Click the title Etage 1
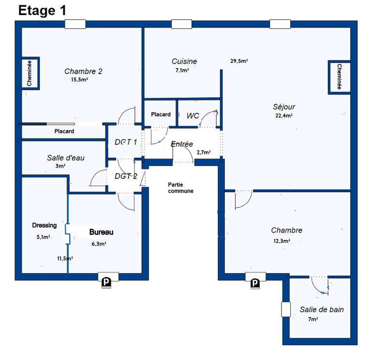coord(43,11)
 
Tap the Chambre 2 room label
coord(83,72)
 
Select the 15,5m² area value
coord(79,80)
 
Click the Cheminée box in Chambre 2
coord(30,73)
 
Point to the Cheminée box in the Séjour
coord(339,76)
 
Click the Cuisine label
coord(184,61)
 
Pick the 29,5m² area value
coord(239,61)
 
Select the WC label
coord(193,115)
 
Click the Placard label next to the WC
coord(161,115)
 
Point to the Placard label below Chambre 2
coord(64,131)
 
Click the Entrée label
coord(182,144)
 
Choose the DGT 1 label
coord(126,142)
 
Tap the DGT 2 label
coord(126,176)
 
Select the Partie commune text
coord(181,187)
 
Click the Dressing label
coord(44,225)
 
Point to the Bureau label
coord(101,232)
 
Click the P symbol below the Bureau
coord(105,281)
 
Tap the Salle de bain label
coord(322,309)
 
